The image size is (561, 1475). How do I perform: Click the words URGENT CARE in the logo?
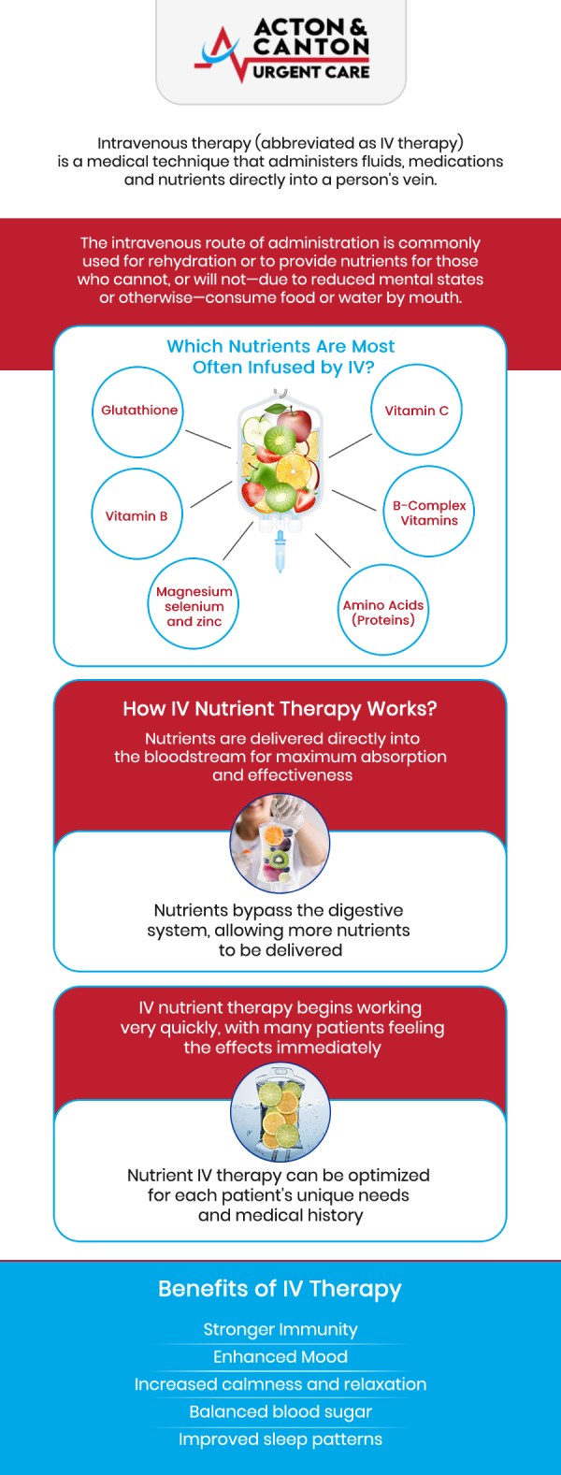pyautogui.click(x=310, y=71)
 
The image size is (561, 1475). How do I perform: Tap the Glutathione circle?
pyautogui.click(x=138, y=412)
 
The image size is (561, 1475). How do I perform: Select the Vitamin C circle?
pyautogui.click(x=416, y=412)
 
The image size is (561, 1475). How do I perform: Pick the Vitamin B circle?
pyautogui.click(x=137, y=515)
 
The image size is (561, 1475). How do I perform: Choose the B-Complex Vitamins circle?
pyautogui.click(x=428, y=513)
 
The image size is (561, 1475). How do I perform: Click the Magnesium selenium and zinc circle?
pyautogui.click(x=194, y=605)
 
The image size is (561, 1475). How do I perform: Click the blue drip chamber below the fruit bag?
pyautogui.click(x=280, y=551)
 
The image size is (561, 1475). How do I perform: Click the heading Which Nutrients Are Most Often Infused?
pyautogui.click(x=280, y=356)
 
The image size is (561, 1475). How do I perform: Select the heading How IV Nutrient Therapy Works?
pyautogui.click(x=280, y=709)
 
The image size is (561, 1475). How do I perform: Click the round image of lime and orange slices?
pyautogui.click(x=280, y=1114)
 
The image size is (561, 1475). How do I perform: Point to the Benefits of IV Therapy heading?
pyautogui.click(x=280, y=1289)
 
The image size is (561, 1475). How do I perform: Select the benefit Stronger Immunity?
pyautogui.click(x=280, y=1329)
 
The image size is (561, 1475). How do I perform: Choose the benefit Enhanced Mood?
pyautogui.click(x=280, y=1356)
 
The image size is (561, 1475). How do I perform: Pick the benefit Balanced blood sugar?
pyautogui.click(x=280, y=1411)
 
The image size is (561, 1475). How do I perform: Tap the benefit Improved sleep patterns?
pyautogui.click(x=280, y=1439)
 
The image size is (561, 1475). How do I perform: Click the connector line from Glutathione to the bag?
pyautogui.click(x=208, y=439)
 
